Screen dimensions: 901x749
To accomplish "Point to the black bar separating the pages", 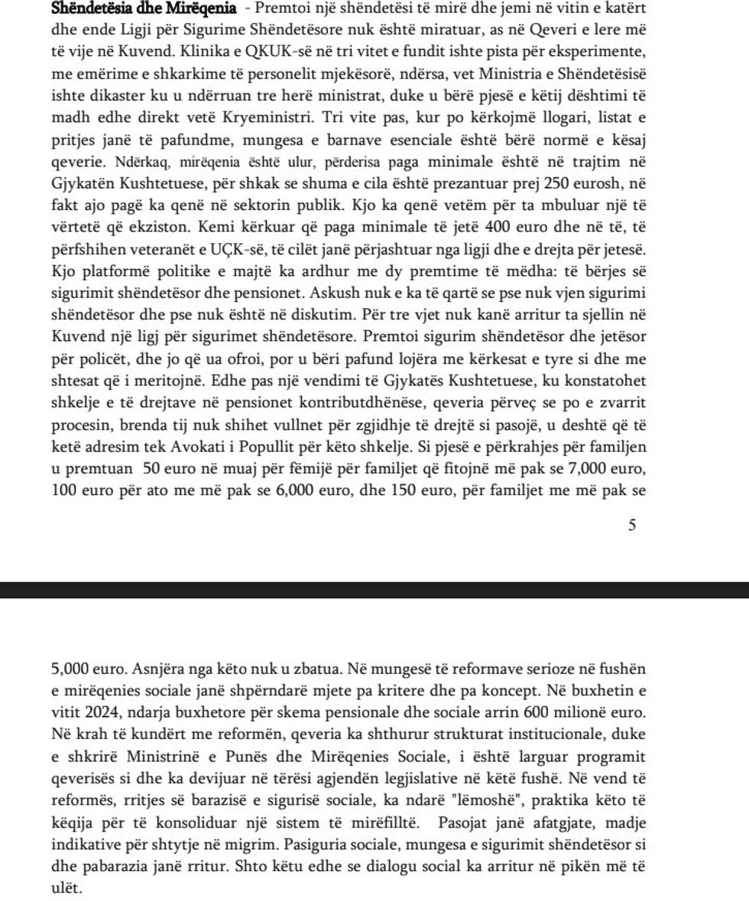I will [374, 589].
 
